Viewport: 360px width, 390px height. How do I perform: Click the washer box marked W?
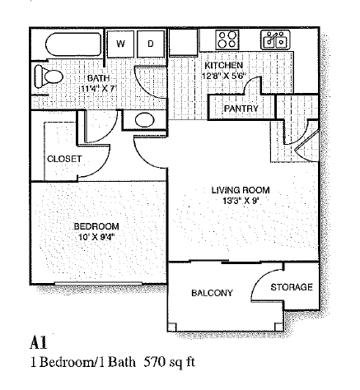pyautogui.click(x=121, y=43)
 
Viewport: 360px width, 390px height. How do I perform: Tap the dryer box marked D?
pyautogui.click(x=151, y=43)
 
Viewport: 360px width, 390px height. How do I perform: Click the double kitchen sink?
pyautogui.click(x=274, y=38)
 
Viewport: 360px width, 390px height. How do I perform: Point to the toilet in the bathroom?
pyautogui.click(x=49, y=77)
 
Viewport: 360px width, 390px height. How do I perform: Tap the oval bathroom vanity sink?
pyautogui.click(x=143, y=118)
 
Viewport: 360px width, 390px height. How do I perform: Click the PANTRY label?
pyautogui.click(x=241, y=109)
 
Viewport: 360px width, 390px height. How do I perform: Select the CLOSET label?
pyautogui.click(x=63, y=159)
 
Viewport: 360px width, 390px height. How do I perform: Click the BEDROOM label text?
pyautogui.click(x=96, y=225)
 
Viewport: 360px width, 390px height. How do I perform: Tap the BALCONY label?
pyautogui.click(x=212, y=293)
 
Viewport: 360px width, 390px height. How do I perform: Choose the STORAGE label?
pyautogui.click(x=292, y=287)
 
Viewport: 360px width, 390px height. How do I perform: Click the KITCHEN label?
pyautogui.click(x=223, y=65)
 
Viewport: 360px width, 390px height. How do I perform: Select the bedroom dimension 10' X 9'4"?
pyautogui.click(x=96, y=237)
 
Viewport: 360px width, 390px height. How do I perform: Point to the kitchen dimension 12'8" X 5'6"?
pyautogui.click(x=224, y=76)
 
